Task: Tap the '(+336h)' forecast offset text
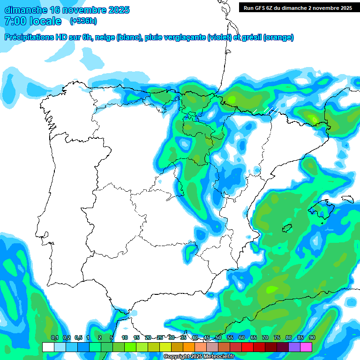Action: (x=83, y=21)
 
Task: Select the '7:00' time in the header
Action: (x=15, y=21)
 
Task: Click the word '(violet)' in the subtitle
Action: (x=219, y=37)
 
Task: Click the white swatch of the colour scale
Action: (x=48, y=347)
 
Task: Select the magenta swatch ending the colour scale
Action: (x=306, y=347)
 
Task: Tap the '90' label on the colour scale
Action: (x=312, y=338)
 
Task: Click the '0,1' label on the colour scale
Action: (x=54, y=338)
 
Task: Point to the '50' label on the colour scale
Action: (x=218, y=338)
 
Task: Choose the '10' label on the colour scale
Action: (x=125, y=338)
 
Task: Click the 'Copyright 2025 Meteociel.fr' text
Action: (x=199, y=357)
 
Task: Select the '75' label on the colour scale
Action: (x=277, y=338)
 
